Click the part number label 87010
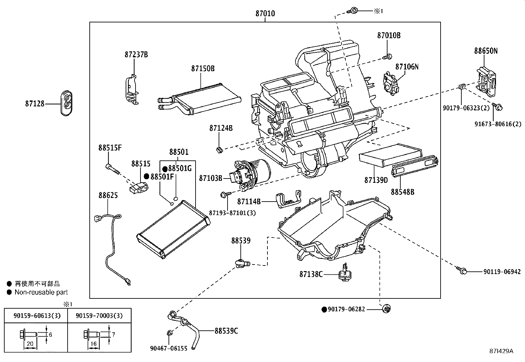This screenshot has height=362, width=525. [265, 14]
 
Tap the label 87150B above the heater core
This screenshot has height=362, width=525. [202, 69]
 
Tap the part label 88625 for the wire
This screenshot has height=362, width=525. [108, 195]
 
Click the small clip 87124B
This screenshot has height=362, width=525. [218, 150]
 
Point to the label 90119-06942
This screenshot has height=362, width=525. [502, 272]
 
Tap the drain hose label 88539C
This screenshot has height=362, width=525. [226, 331]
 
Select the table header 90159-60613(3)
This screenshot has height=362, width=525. [35, 316]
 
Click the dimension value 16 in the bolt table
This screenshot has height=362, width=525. [93, 344]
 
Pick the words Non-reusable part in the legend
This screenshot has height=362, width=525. [41, 292]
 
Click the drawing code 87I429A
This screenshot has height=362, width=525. [501, 351]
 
